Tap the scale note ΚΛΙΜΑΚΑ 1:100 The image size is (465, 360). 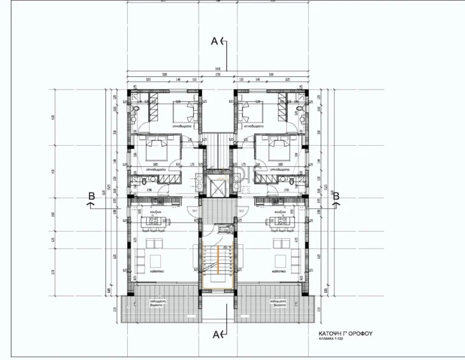(x=336, y=340)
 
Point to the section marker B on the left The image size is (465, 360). (x=91, y=195)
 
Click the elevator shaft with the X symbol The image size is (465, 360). (x=215, y=185)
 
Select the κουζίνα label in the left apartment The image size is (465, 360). (x=154, y=212)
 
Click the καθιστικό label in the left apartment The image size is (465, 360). (x=155, y=273)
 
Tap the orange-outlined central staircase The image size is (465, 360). (x=214, y=264)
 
